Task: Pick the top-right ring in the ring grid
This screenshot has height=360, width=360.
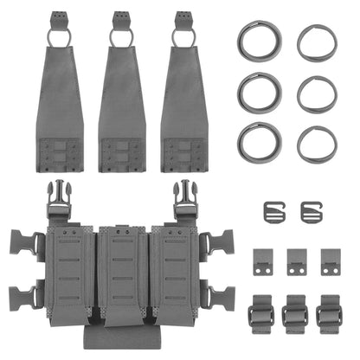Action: (318, 42)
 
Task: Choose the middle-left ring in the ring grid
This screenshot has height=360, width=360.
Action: (258, 92)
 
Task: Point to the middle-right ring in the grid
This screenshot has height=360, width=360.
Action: (318, 93)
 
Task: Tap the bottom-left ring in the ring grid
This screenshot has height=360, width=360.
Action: (258, 141)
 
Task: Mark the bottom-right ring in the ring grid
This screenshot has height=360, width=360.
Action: (318, 143)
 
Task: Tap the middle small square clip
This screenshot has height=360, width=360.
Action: (296, 262)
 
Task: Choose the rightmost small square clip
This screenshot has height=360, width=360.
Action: (329, 262)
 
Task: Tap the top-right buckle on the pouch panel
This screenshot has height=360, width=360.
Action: (183, 200)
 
